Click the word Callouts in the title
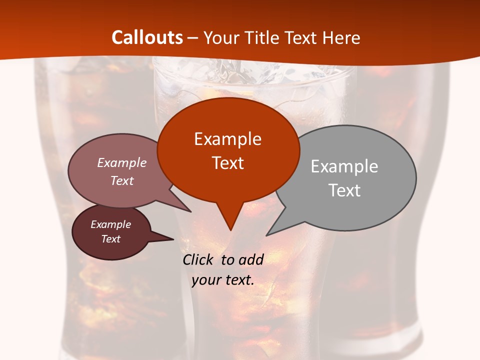[147, 37]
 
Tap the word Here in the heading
[341, 37]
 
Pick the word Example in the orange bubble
[227, 139]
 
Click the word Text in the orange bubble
[227, 163]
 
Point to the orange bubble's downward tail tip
[230, 230]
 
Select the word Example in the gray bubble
[344, 166]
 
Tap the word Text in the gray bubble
[344, 190]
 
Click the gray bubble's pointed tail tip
[266, 235]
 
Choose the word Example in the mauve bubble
[122, 162]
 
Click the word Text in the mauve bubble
[122, 180]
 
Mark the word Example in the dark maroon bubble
[110, 224]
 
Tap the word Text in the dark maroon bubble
[110, 239]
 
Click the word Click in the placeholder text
[199, 259]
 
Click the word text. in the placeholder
[237, 280]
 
